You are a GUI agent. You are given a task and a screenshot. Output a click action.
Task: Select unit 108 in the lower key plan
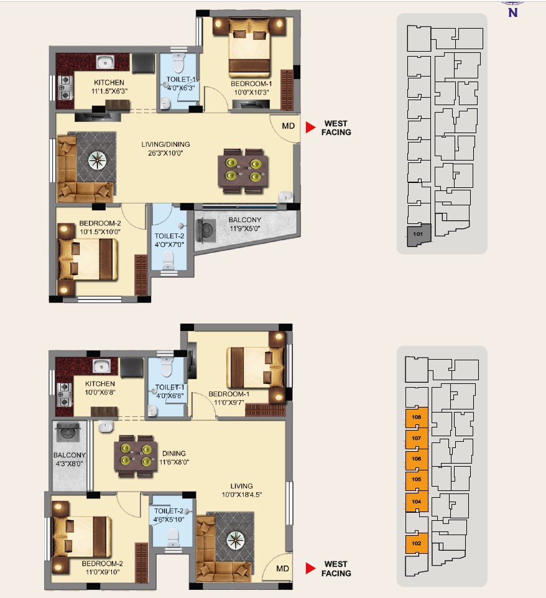click(416, 418)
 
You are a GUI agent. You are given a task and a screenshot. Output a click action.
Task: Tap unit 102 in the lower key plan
click(416, 543)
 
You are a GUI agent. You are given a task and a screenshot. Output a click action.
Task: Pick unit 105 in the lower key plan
click(416, 480)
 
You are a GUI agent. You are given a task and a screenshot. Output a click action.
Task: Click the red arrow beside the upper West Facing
click(310, 128)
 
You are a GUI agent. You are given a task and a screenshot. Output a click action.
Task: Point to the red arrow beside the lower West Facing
click(310, 568)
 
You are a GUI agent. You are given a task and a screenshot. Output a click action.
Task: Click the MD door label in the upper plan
click(288, 126)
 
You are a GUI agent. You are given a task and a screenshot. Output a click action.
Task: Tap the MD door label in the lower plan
click(282, 568)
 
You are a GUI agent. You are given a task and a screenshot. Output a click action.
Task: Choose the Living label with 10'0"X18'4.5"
click(241, 490)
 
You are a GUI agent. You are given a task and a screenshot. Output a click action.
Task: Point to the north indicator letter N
click(513, 12)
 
